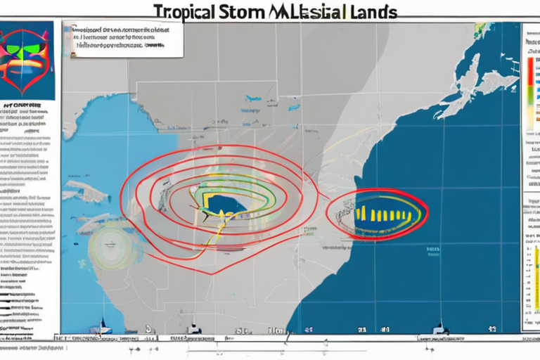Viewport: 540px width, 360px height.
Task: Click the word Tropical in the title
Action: click(184, 12)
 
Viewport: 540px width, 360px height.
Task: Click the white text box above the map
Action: click(122, 38)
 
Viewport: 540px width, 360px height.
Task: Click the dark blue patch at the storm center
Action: click(224, 204)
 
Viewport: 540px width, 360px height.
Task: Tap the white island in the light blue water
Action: click(83, 192)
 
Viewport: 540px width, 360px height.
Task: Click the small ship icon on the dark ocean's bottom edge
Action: click(442, 328)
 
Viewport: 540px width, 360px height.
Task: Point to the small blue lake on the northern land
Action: click(252, 99)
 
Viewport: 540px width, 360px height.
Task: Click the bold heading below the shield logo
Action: click(28, 110)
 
